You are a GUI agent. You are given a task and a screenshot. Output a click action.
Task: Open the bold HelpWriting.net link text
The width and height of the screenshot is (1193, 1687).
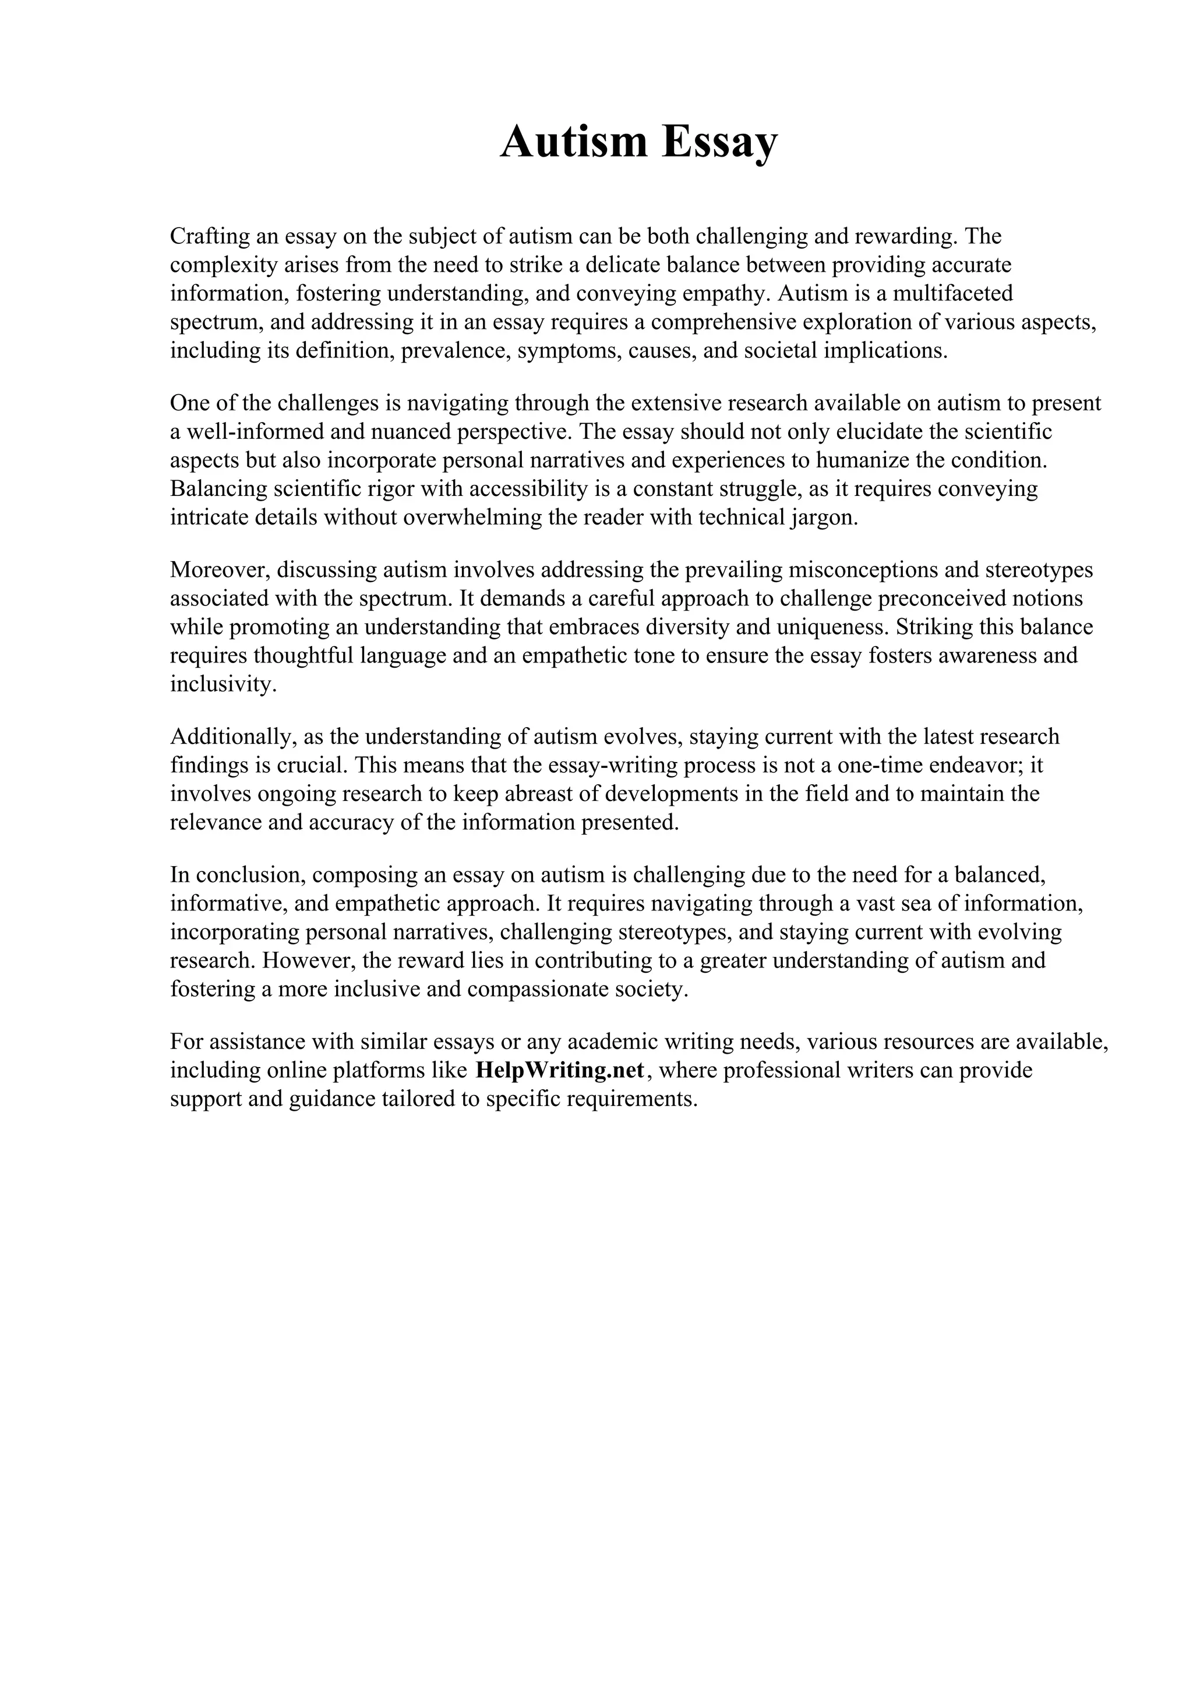click(560, 1071)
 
